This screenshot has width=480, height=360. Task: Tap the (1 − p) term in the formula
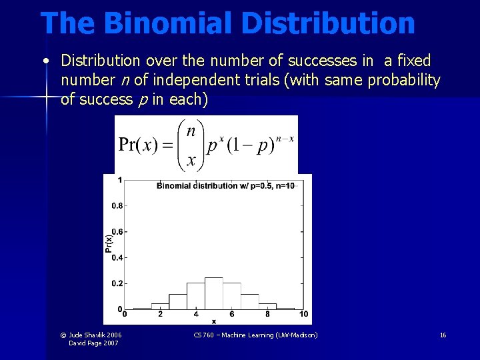(251, 145)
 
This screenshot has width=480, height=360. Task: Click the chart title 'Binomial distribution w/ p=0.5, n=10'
(225, 185)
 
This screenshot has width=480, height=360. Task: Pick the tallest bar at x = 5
(213, 293)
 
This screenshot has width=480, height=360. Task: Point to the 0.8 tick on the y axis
(116, 205)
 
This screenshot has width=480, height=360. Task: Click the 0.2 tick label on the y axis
(116, 283)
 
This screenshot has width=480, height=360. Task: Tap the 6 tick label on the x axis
(232, 314)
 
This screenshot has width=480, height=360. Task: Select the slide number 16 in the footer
(443, 335)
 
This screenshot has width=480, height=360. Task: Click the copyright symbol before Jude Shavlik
(63, 335)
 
